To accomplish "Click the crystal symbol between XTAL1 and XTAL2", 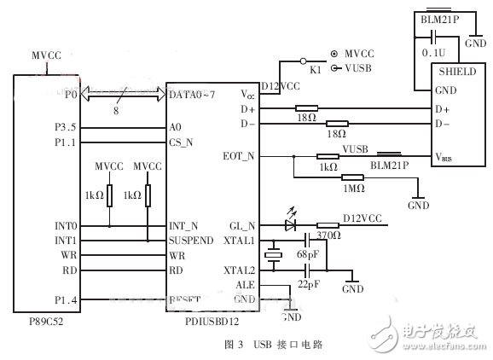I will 273,255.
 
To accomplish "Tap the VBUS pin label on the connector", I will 444,157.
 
